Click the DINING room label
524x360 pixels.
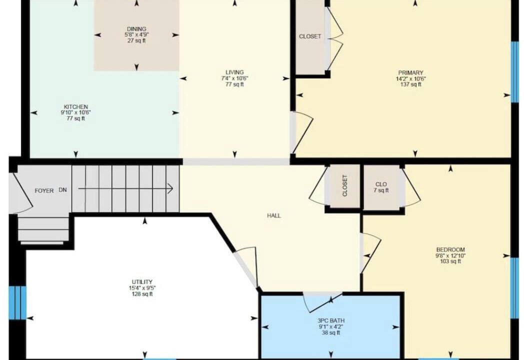pyautogui.click(x=136, y=29)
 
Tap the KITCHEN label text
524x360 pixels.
pyautogui.click(x=76, y=107)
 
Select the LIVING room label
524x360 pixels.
pyautogui.click(x=234, y=72)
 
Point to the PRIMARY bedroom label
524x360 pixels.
pyautogui.click(x=410, y=73)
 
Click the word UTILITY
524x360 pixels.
pyautogui.click(x=142, y=282)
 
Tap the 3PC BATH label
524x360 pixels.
pyautogui.click(x=331, y=321)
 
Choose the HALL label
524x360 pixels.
pyautogui.click(x=273, y=216)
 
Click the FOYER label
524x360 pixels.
pyautogui.click(x=44, y=191)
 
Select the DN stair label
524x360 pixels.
pyautogui.click(x=63, y=190)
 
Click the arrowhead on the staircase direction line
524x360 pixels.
pyautogui.click(x=170, y=188)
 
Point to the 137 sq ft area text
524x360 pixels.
pyautogui.click(x=410, y=84)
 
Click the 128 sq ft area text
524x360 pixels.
pyautogui.click(x=142, y=294)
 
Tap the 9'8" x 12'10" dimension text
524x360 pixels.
pyautogui.click(x=450, y=255)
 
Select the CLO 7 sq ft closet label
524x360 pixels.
pyautogui.click(x=381, y=187)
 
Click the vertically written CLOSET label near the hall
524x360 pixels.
pyautogui.click(x=345, y=186)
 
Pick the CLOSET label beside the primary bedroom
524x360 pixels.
pyautogui.click(x=310, y=36)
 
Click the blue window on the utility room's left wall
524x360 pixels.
pyautogui.click(x=17, y=303)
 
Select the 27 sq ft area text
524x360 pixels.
pyautogui.click(x=136, y=41)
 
